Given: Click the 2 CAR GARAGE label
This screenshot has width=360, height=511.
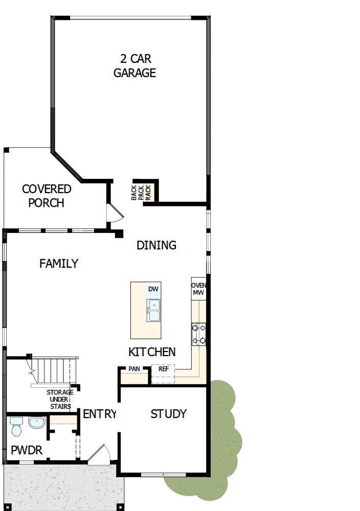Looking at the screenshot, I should pos(134,66).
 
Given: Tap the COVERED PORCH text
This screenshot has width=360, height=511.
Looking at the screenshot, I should pos(47,196).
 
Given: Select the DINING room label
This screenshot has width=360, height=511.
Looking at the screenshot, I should pos(156,245).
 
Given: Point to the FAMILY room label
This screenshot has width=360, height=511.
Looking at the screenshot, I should pos(59,264).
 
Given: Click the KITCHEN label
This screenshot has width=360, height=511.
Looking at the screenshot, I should pos(152,352).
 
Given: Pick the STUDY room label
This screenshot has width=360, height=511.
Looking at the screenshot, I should pos(168,414).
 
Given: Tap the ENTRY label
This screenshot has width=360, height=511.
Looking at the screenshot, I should pos(100,414).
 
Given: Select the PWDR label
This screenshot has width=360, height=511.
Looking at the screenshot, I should pos(27,450).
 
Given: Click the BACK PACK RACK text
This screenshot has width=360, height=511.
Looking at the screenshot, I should pos(141,191).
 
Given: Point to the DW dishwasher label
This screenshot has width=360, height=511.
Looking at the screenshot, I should pos(153,289).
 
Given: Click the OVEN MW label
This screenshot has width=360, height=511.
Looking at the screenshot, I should pos(198,289).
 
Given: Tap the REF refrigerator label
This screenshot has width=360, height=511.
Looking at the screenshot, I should pos(164,368).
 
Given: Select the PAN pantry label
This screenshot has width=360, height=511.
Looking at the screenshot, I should pos(134,368).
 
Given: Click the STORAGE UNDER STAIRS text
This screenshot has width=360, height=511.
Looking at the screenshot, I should pos(60,400).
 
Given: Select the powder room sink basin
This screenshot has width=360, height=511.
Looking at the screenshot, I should pos(36,423).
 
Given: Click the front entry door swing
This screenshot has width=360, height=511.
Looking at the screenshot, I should pos(100,455).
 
